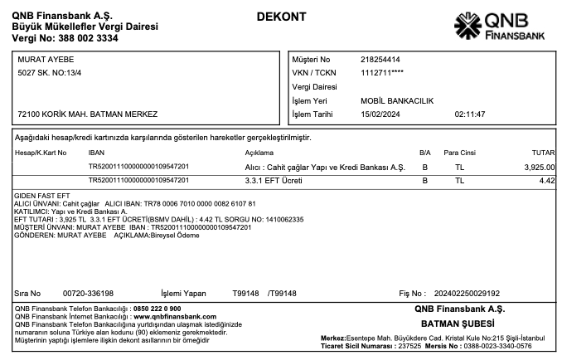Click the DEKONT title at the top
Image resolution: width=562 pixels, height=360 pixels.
pos(281,17)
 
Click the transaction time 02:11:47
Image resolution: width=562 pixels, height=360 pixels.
pos(470,114)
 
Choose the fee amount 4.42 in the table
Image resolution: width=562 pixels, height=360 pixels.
pos(546,180)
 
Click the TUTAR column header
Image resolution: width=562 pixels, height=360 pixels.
pos(543,153)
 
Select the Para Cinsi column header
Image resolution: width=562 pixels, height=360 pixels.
pos(460,153)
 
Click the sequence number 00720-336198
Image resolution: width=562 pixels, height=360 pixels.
pos(89,294)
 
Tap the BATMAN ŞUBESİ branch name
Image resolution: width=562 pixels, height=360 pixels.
pos(458,323)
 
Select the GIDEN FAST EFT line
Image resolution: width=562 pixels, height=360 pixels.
pos(41,197)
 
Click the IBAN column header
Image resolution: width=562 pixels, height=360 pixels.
pos(96,153)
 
